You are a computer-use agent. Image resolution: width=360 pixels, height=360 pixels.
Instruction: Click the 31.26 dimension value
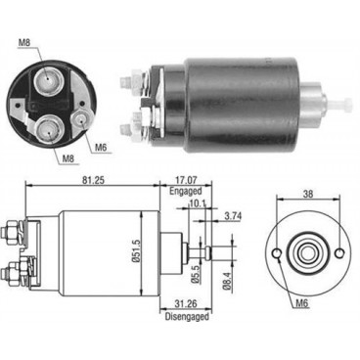coord(175,331)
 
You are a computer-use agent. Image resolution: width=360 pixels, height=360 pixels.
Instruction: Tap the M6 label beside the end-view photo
coord(101,148)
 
